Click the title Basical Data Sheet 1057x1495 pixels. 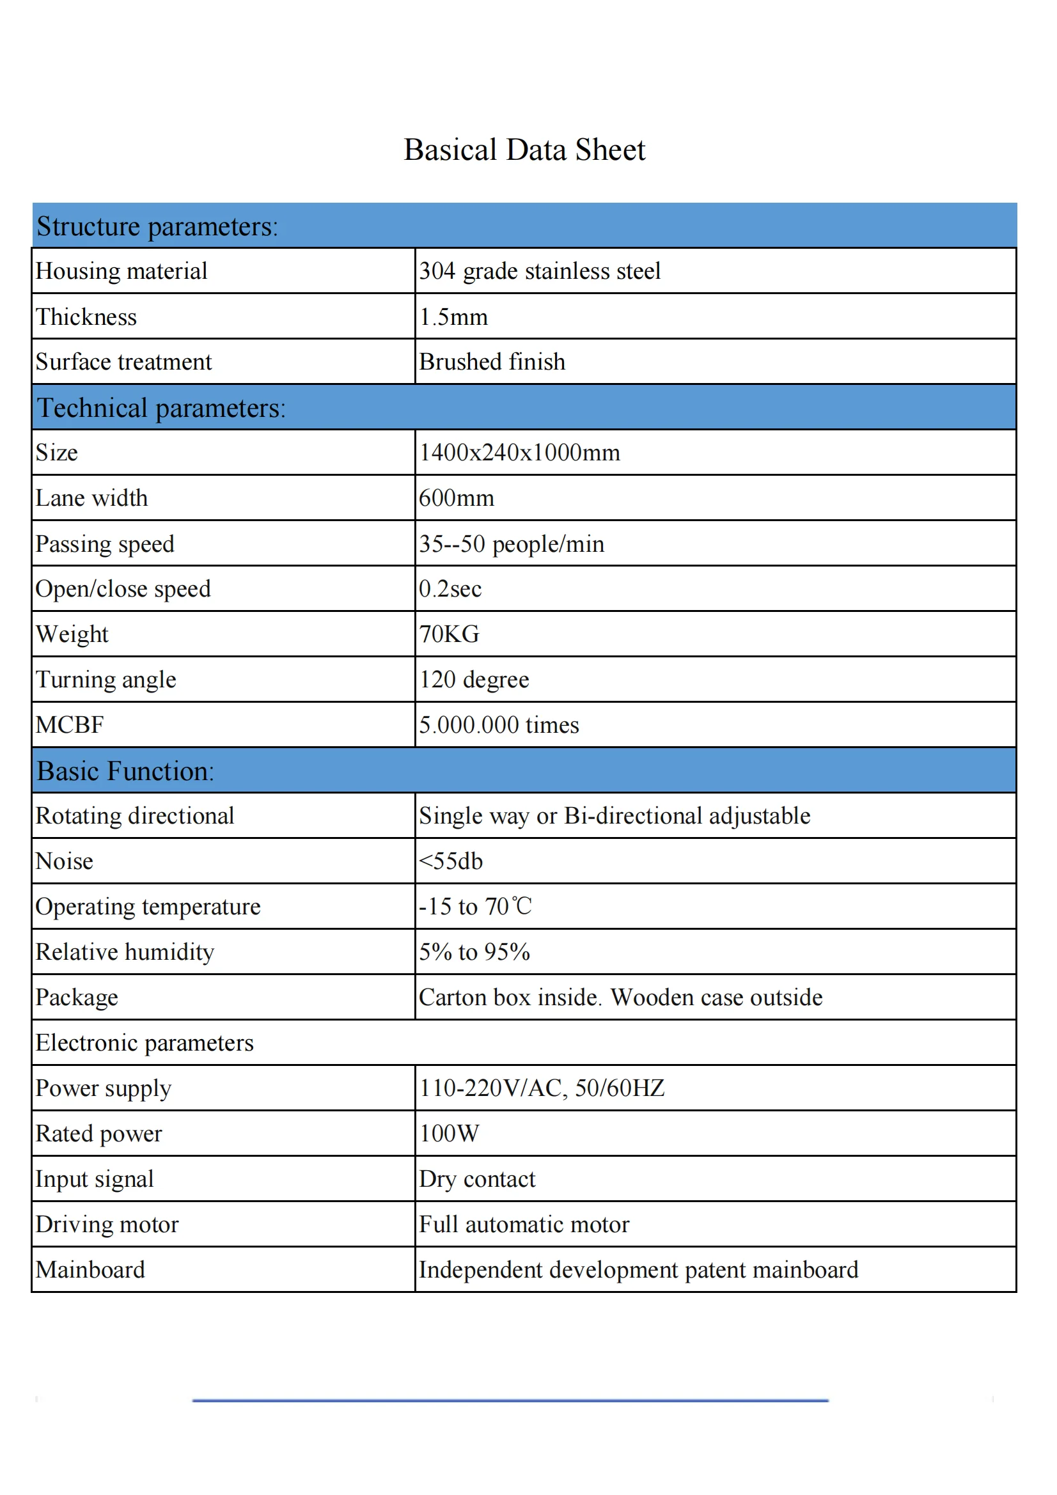[524, 150]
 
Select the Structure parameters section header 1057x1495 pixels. [157, 226]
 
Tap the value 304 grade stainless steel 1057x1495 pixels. [539, 271]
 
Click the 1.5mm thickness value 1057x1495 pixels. [453, 317]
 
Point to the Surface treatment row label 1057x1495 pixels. [124, 362]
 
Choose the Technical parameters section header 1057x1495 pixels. [161, 408]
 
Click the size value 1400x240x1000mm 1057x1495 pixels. [519, 453]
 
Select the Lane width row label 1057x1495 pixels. [92, 498]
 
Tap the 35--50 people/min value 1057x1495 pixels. [512, 544]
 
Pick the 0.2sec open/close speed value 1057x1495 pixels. [450, 589]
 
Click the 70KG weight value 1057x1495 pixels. [449, 634]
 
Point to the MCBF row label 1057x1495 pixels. [70, 724]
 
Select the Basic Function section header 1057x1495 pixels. [125, 771]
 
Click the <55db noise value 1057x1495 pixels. [451, 861]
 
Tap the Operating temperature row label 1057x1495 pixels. [148, 906]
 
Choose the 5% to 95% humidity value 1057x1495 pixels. [474, 952]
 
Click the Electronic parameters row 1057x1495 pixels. [145, 1043]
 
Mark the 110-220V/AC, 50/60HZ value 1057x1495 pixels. [541, 1088]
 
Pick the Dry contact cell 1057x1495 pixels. [477, 1179]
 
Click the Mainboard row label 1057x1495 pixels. [91, 1270]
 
